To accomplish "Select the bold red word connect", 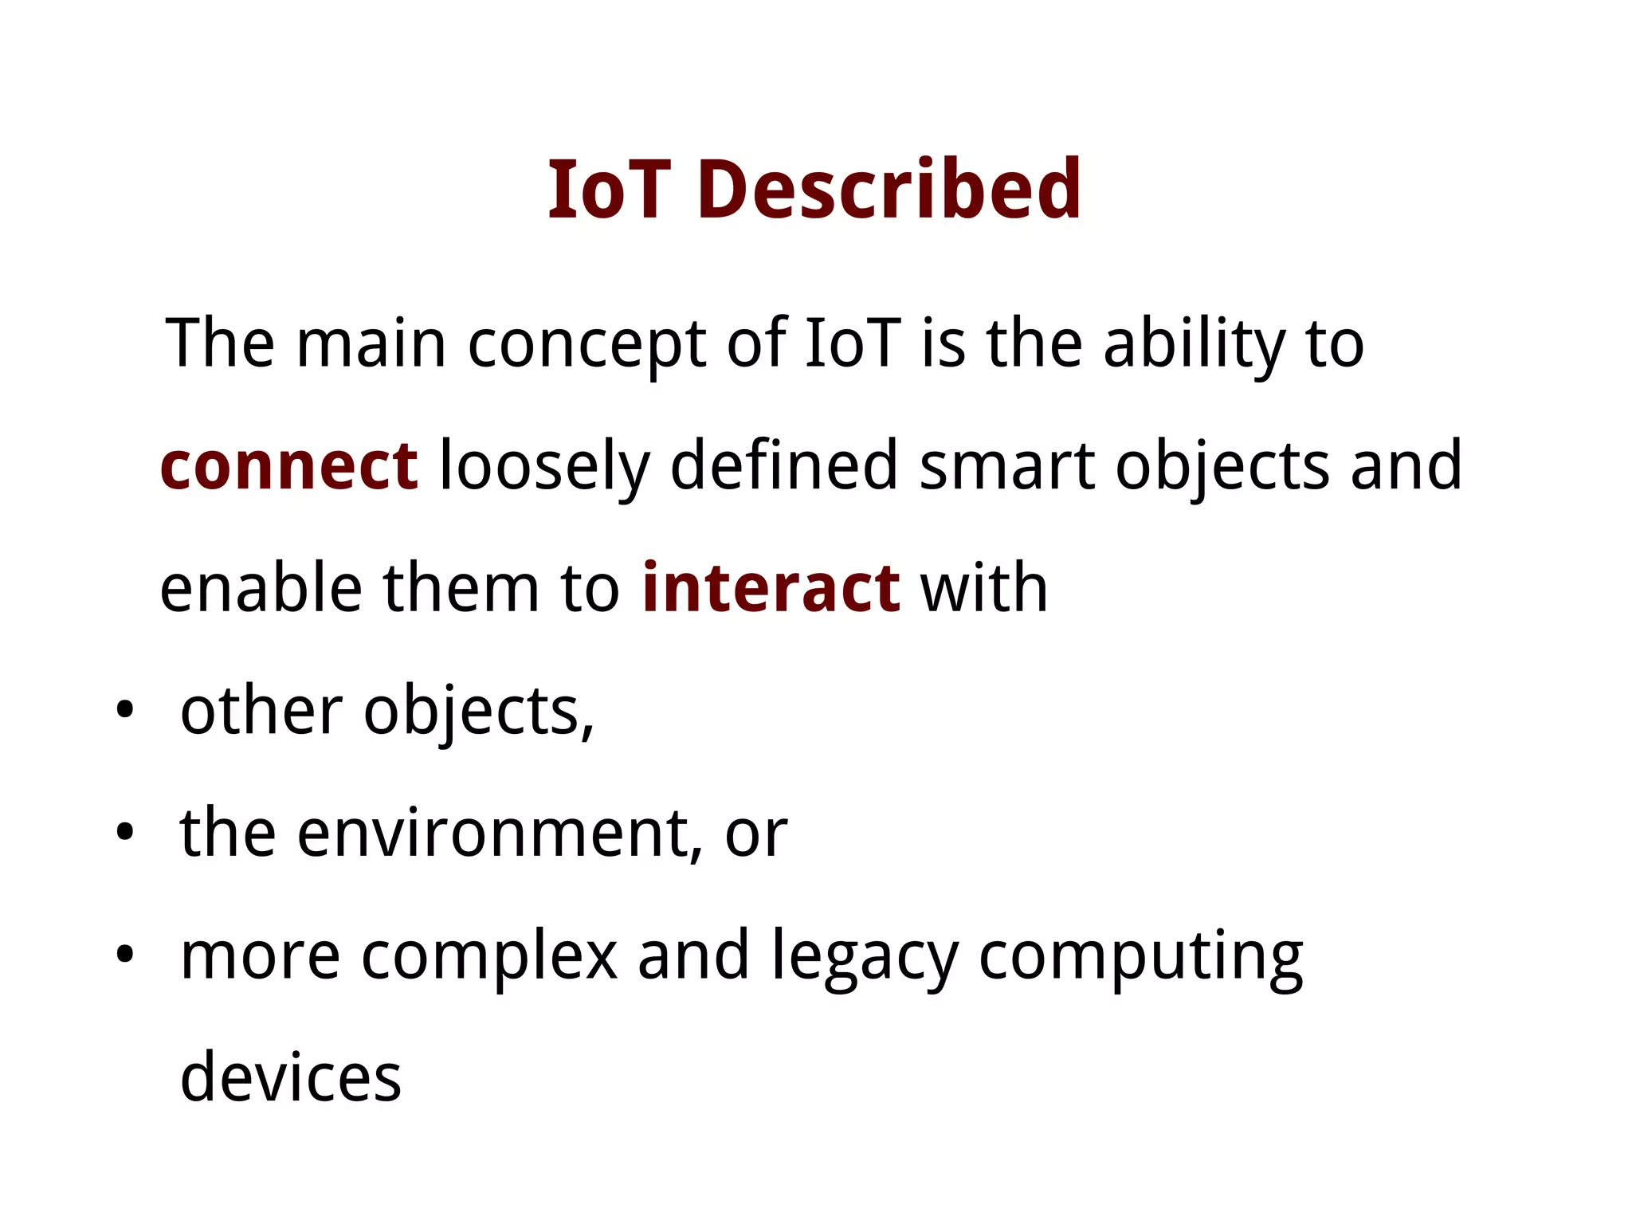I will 288,466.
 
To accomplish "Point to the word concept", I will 586,344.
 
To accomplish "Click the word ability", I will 1194,344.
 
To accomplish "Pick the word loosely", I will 544,466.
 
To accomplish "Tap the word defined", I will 784,466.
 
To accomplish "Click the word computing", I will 1140,956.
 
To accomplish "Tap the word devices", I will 291,1077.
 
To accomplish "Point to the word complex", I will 489,956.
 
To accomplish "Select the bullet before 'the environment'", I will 124,833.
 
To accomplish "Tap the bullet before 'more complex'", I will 124,955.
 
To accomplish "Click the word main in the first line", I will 371,344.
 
